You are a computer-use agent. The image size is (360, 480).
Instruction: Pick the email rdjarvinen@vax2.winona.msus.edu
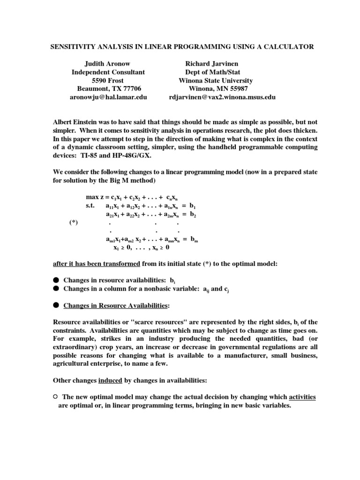point(222,97)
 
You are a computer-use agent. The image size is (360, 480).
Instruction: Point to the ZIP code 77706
point(130,89)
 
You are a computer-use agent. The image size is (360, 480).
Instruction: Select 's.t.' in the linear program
point(92,206)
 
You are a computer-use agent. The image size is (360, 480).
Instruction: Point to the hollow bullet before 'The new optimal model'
point(55,397)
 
